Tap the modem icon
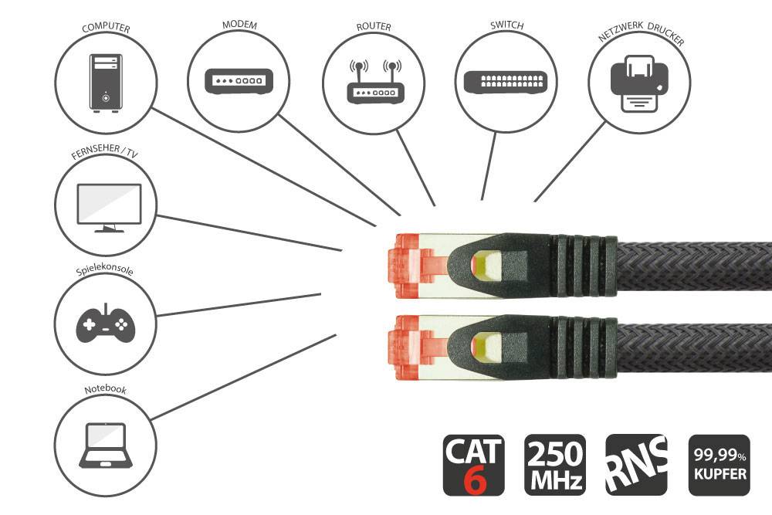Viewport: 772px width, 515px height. tap(239, 80)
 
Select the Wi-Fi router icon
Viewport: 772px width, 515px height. tap(374, 83)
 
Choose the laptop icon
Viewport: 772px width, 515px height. tap(106, 446)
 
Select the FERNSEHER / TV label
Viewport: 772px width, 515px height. tap(105, 154)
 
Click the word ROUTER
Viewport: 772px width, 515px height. tap(374, 27)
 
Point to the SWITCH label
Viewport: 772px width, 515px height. tap(506, 25)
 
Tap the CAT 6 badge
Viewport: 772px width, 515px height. tap(473, 465)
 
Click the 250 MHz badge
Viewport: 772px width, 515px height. tap(554, 465)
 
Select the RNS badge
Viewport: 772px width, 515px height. tap(636, 465)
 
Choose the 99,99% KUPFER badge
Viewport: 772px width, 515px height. tap(719, 465)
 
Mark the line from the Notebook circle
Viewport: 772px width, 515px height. tap(243, 377)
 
